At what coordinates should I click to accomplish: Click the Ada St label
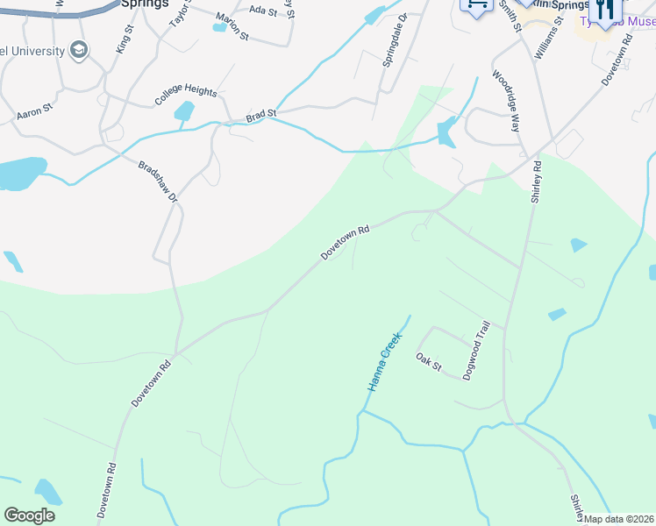[262, 10]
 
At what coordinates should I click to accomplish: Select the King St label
[125, 40]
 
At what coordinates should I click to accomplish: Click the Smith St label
[510, 16]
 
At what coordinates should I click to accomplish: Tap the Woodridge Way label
[506, 101]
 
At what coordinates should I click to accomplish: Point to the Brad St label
[260, 115]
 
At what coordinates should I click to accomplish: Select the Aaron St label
[35, 115]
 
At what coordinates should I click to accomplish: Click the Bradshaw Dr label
[158, 182]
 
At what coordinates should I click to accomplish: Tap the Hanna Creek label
[384, 361]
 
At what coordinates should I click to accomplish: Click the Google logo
[30, 515]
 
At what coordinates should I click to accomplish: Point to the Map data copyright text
[619, 519]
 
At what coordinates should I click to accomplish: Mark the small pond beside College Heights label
[184, 111]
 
